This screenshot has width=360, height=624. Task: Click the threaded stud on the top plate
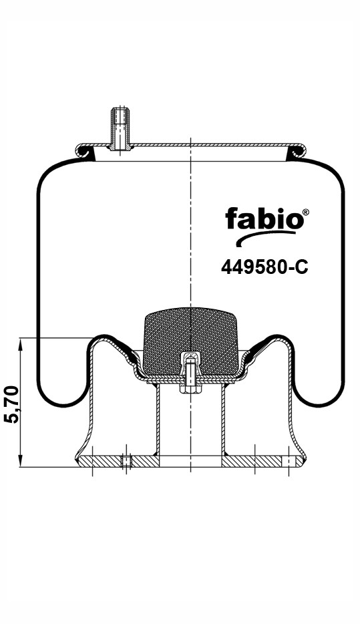tap(120, 128)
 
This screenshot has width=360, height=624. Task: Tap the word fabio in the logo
tap(264, 219)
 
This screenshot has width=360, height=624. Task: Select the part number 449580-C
tap(264, 267)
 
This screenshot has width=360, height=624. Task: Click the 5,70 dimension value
tap(13, 404)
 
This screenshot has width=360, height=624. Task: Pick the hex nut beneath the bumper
tap(190, 388)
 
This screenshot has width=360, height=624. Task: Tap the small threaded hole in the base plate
tap(126, 461)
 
